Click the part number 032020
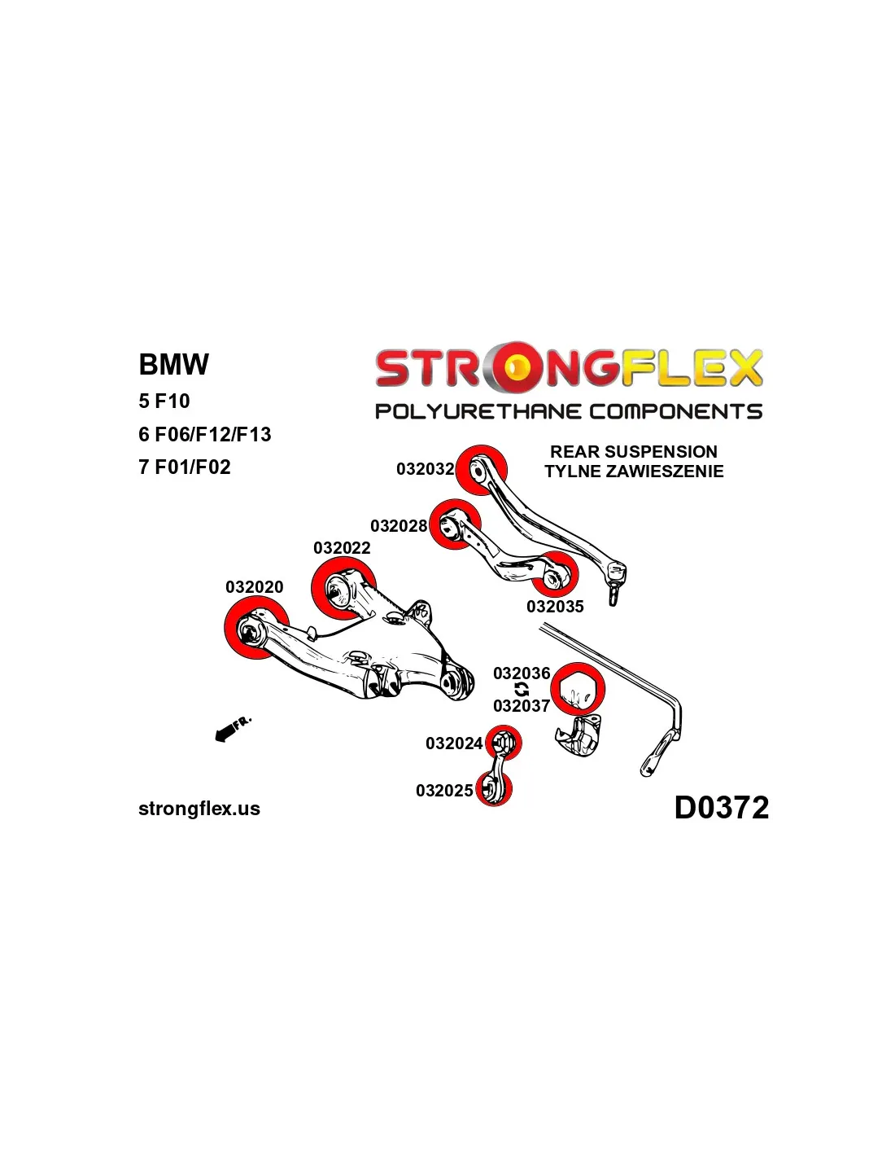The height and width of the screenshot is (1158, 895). [x=254, y=587]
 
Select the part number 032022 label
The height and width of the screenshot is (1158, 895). [x=342, y=548]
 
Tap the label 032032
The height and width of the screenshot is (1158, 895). [x=425, y=469]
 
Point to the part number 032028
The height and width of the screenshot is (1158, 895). [x=399, y=526]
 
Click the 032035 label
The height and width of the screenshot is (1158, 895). [x=555, y=607]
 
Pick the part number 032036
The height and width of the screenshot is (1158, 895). [x=522, y=673]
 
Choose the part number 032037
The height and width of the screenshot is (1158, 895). [x=522, y=706]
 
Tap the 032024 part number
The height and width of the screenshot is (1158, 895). [x=454, y=743]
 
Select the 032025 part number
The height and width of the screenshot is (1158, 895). [x=444, y=791]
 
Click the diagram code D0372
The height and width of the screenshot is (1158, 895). [x=721, y=808]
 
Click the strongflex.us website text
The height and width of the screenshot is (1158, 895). [x=199, y=809]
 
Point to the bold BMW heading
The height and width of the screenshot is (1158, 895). [x=173, y=365]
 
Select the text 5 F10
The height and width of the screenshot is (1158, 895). [x=164, y=401]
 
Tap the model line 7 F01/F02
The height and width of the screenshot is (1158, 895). [x=185, y=467]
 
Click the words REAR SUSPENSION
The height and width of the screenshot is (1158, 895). [x=634, y=452]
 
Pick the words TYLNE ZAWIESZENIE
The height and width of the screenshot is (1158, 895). [x=634, y=472]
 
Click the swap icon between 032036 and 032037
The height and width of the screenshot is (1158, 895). [x=522, y=690]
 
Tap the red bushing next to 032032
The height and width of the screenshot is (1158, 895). [x=481, y=470]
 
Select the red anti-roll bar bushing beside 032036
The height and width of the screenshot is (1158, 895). [x=578, y=689]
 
